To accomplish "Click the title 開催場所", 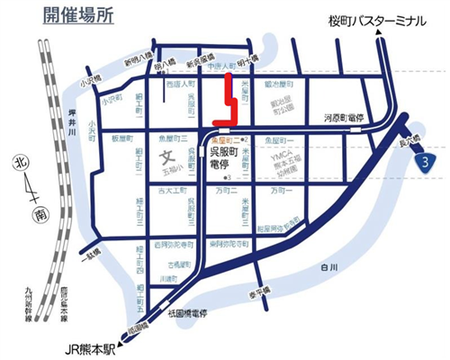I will (x=78, y=16).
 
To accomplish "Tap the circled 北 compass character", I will (x=17, y=164).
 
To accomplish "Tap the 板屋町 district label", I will (x=120, y=140).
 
